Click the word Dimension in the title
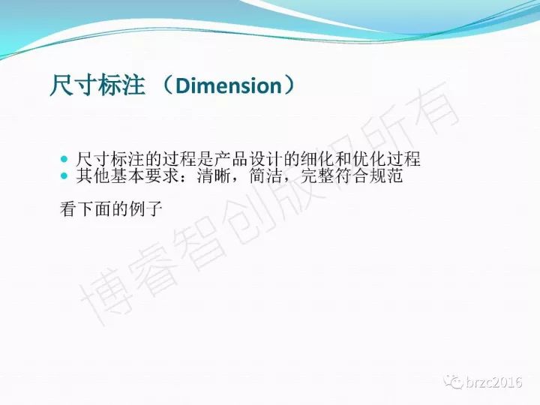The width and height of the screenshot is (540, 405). coord(229,85)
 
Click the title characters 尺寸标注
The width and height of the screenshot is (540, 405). coord(97,85)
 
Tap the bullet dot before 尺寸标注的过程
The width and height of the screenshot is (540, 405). coord(64,159)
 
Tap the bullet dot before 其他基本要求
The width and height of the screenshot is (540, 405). coord(64,176)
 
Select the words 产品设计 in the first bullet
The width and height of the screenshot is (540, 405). coord(249,159)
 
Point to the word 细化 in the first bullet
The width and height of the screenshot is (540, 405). coord(317,159)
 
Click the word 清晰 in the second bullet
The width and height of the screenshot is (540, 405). coord(214,176)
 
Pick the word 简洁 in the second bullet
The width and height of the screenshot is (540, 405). coord(265,176)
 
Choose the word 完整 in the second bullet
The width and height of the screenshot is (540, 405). coord(317,176)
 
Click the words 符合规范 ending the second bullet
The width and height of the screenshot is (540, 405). coord(369,176)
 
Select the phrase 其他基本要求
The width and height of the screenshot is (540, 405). coord(127,176)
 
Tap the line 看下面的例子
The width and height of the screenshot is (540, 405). coord(111,208)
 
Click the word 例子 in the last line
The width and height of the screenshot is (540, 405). coord(145,208)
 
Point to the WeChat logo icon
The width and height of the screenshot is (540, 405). coord(453,382)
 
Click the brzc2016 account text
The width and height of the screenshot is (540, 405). coord(494,382)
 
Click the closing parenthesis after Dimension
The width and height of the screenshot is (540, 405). coord(289,85)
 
